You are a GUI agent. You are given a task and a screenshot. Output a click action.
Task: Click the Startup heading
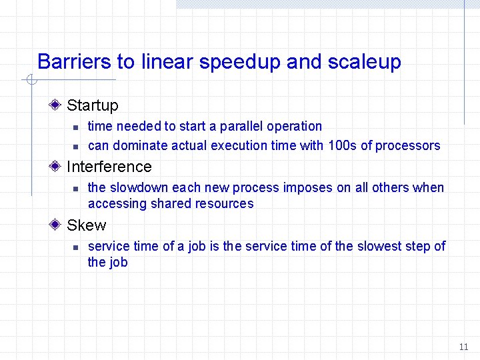click(93, 105)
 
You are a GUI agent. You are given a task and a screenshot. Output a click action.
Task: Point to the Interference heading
click(109, 167)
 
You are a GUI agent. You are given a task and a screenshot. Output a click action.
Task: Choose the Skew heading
click(86, 225)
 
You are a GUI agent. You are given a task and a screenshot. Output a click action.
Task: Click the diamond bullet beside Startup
click(59, 105)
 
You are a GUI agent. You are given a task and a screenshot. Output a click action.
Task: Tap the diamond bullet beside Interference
click(59, 166)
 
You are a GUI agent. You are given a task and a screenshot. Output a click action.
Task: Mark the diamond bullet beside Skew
click(59, 225)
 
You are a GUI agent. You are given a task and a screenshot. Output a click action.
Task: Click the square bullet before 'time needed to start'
click(76, 127)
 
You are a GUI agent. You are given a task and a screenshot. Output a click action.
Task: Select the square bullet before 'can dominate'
click(76, 146)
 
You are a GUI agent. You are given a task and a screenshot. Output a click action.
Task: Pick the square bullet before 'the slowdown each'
click(76, 188)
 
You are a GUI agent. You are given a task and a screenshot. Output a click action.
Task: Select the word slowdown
click(139, 187)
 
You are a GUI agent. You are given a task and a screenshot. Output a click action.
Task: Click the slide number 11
click(463, 347)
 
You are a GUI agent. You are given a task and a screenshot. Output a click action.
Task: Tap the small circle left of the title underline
click(30, 81)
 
